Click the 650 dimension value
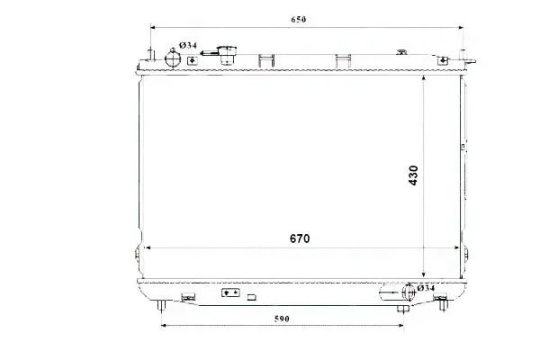(298, 20)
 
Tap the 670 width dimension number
(300, 238)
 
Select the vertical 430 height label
(413, 175)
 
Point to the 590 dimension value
(282, 319)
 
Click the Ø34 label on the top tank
(188, 45)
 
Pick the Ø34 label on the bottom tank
(426, 288)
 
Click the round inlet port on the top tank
(173, 58)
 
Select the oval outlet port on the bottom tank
(409, 292)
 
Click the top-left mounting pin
(151, 55)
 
